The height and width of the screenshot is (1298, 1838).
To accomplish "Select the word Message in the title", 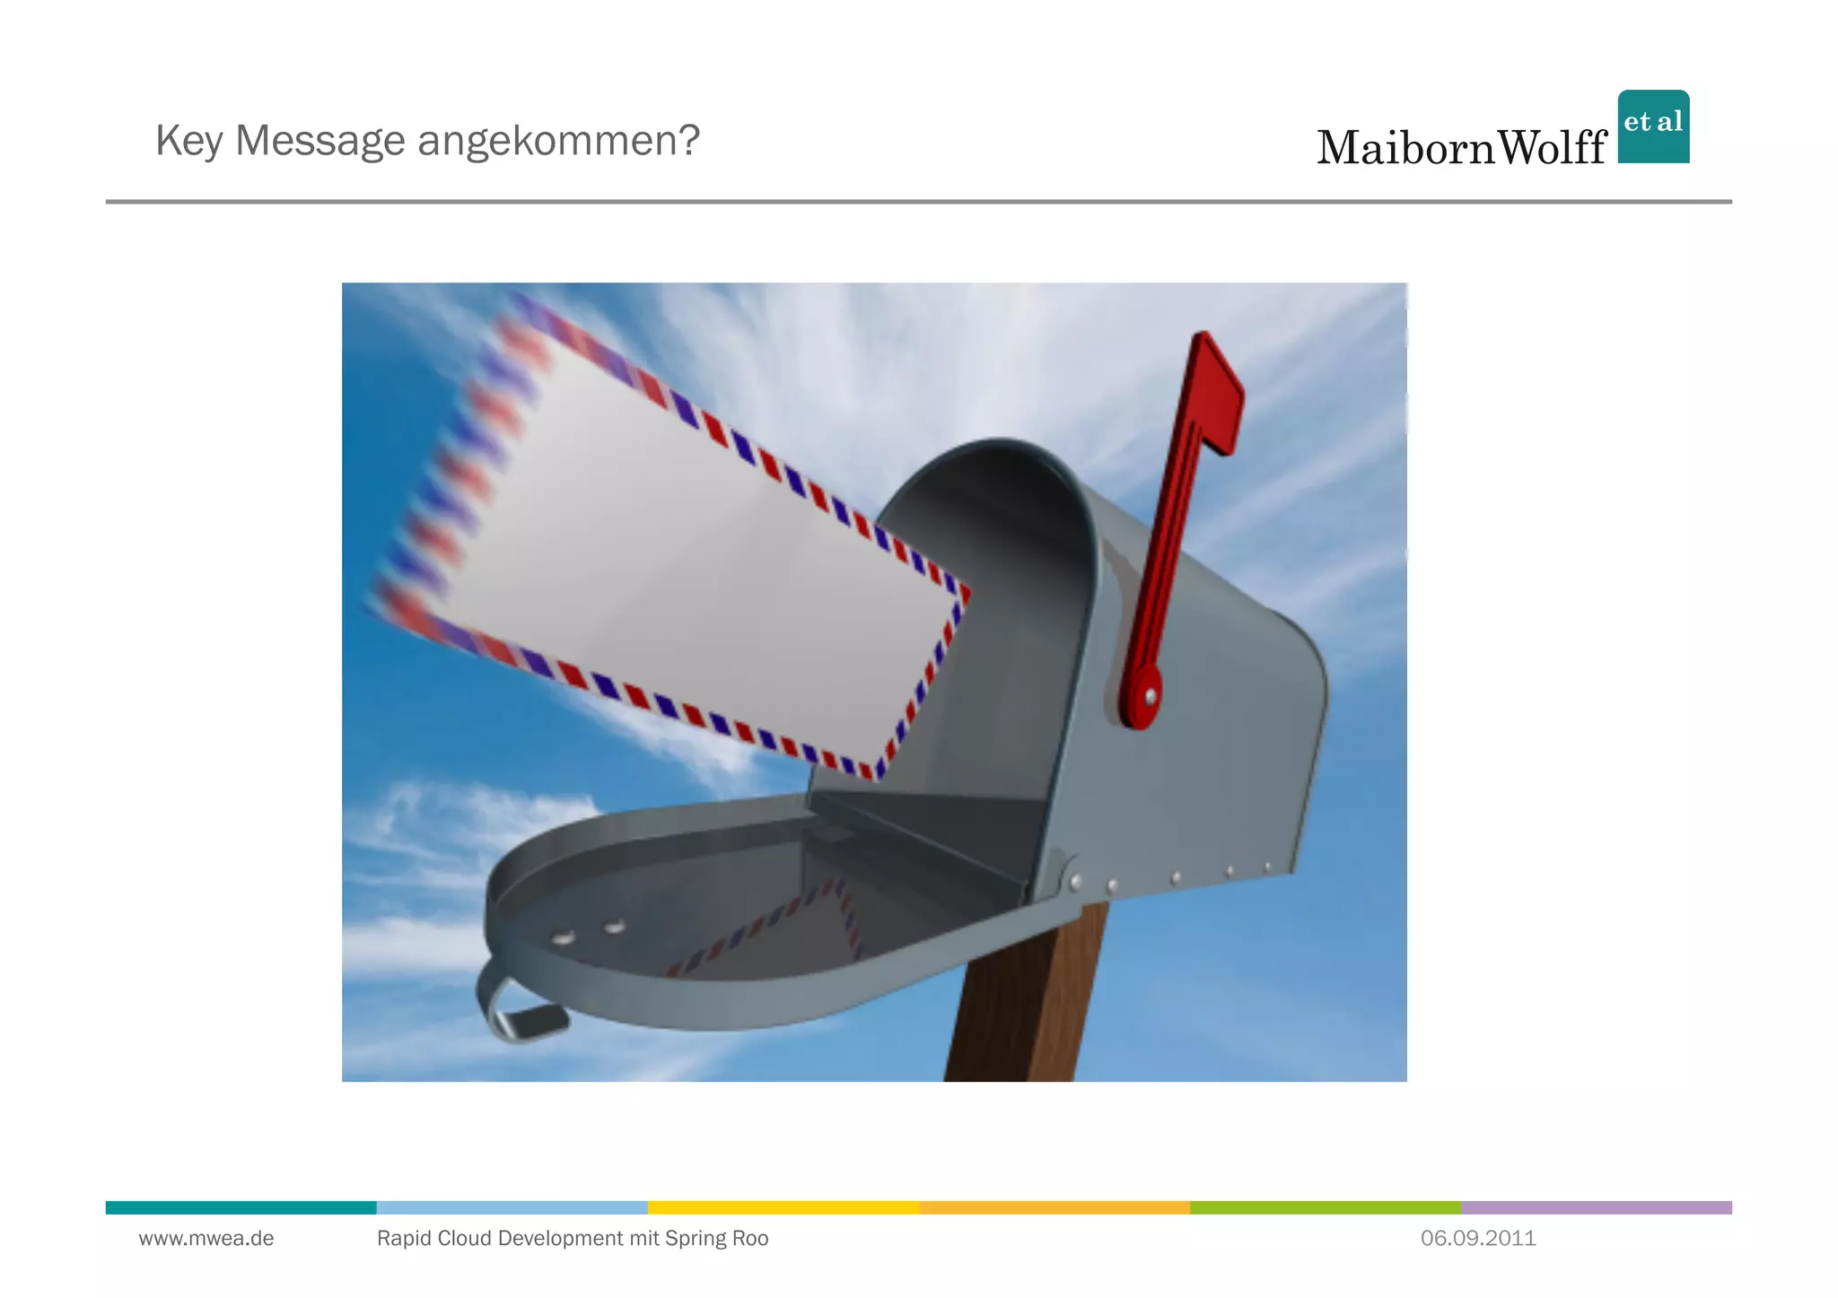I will tap(319, 141).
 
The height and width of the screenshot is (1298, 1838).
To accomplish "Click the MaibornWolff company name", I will tap(1461, 148).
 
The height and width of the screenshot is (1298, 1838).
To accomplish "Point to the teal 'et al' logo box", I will tap(1653, 126).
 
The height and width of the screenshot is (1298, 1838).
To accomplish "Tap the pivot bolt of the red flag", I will tap(1150, 696).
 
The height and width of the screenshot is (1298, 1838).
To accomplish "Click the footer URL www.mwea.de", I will tap(206, 1239).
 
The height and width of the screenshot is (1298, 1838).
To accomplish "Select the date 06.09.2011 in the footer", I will tap(1478, 1239).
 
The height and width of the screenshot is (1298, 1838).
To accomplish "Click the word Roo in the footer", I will tap(750, 1239).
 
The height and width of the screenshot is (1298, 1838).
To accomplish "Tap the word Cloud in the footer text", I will tap(464, 1239).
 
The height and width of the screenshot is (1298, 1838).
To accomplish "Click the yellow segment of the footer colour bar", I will tap(783, 1207).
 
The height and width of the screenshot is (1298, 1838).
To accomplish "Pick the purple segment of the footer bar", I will tap(1596, 1207).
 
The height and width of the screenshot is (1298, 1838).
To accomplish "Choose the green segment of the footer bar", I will tap(1325, 1207).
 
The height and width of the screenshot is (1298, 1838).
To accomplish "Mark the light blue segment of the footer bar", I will tap(512, 1207).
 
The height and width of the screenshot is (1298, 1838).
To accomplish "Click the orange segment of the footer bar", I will tap(1054, 1207).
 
